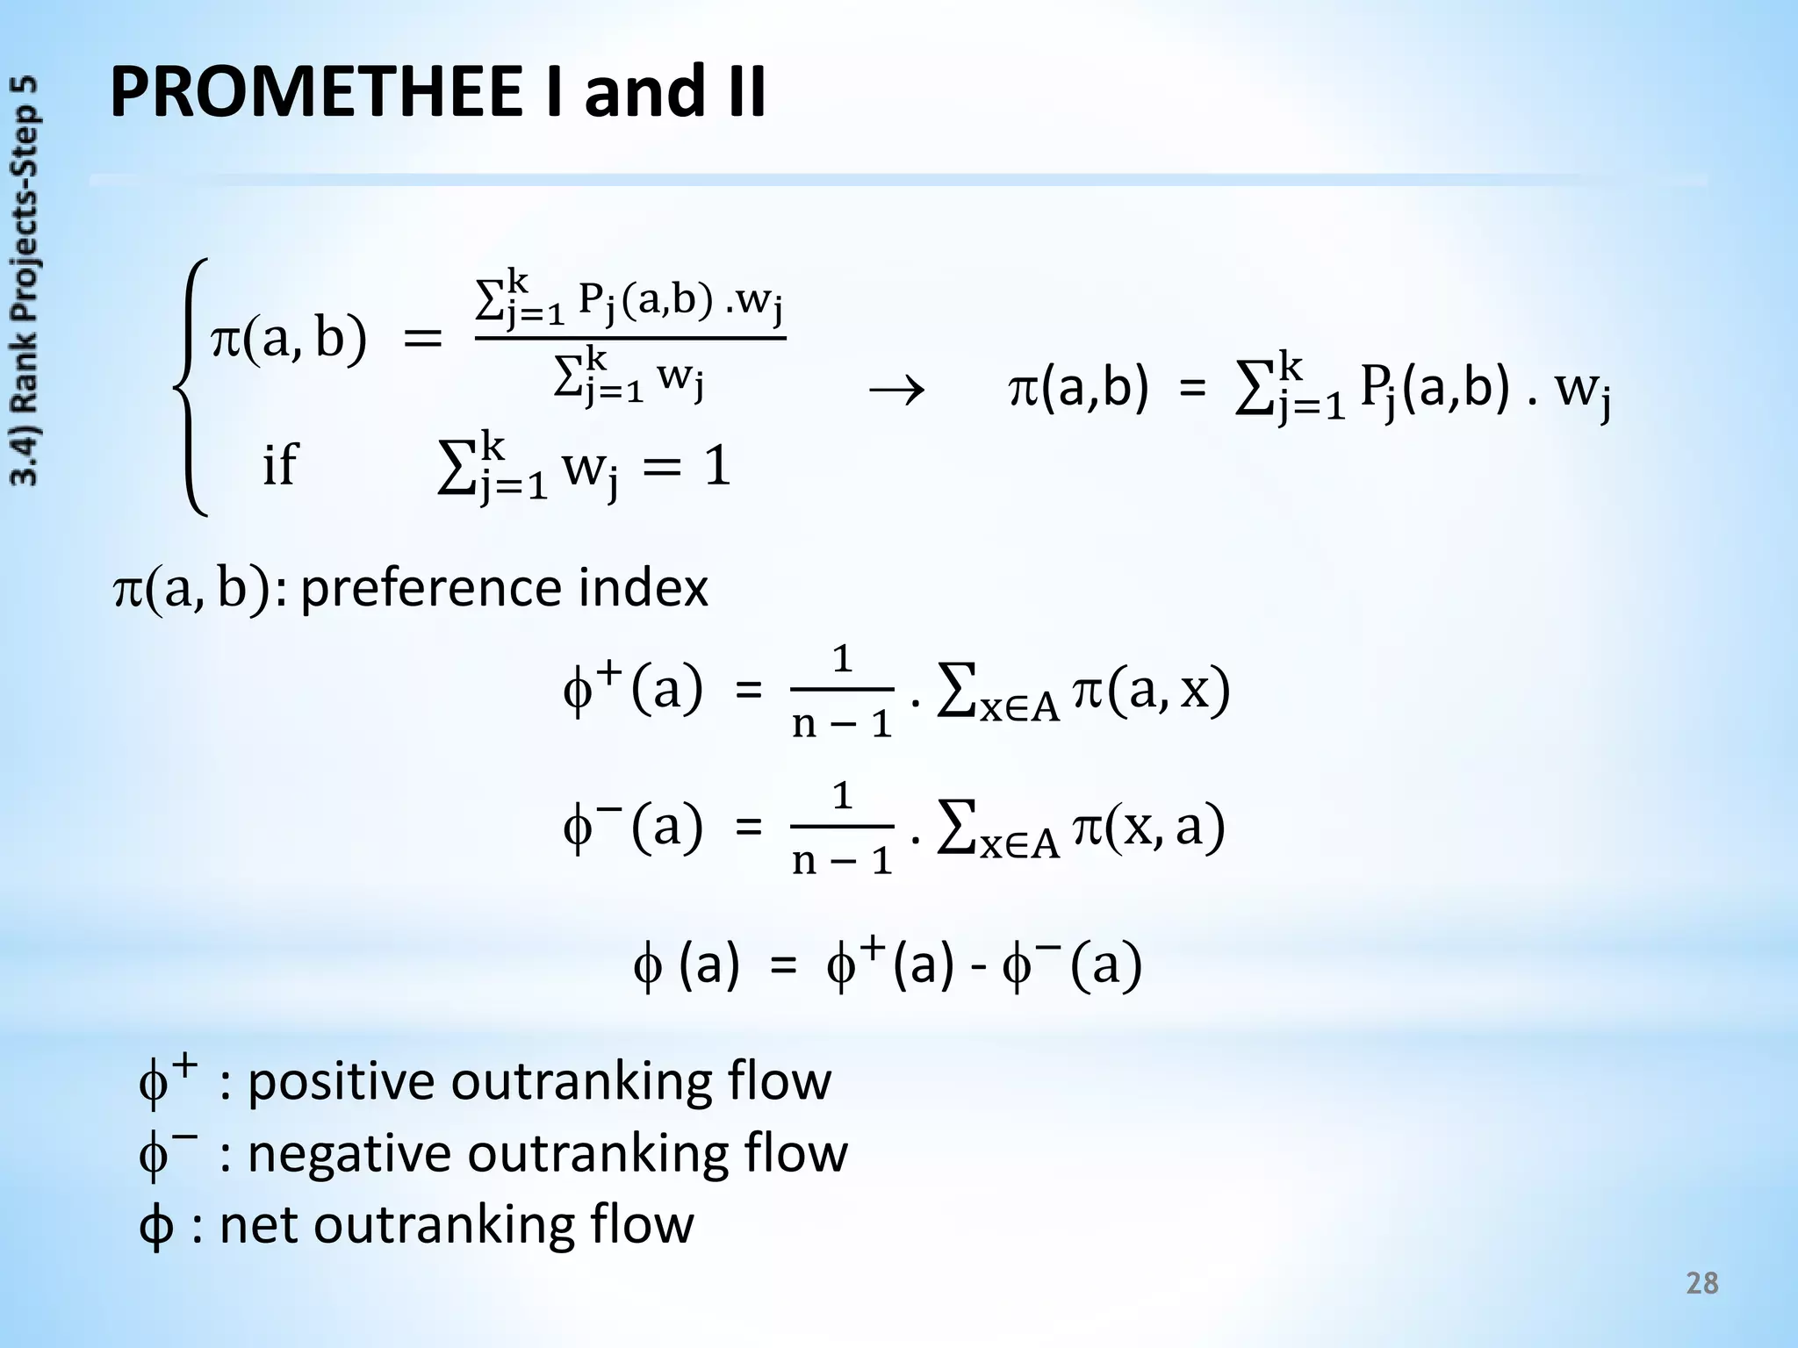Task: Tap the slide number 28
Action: click(x=1701, y=1284)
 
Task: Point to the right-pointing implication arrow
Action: click(x=895, y=391)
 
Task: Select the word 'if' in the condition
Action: click(x=280, y=464)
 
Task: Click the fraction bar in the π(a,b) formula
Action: click(x=629, y=339)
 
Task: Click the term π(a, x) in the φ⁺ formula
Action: click(x=1151, y=691)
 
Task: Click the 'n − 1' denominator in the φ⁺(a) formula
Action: click(x=842, y=724)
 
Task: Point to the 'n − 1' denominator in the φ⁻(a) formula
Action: click(x=842, y=860)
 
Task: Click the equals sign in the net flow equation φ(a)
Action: click(x=782, y=966)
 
